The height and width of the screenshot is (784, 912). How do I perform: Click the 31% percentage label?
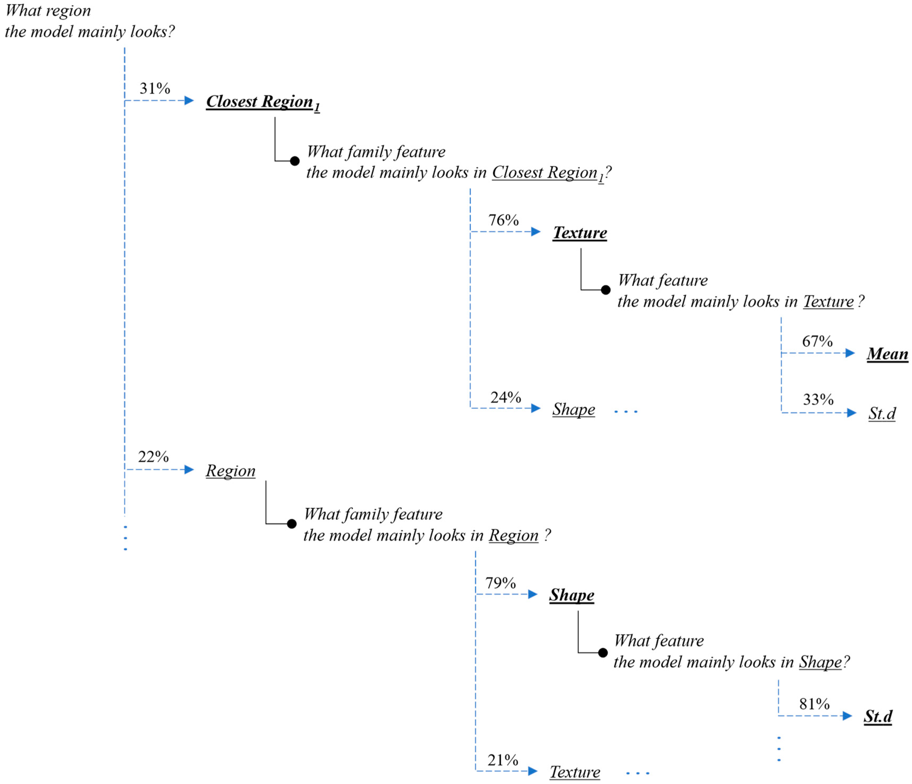(x=154, y=89)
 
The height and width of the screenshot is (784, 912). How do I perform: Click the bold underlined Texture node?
(x=580, y=233)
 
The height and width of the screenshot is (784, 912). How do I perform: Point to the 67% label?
(x=817, y=341)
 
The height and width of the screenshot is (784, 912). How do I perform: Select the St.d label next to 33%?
(x=882, y=413)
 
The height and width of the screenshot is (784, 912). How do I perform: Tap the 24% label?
(x=505, y=398)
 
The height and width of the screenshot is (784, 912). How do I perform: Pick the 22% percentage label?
(x=153, y=457)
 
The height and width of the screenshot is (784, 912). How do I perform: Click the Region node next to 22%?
(x=230, y=471)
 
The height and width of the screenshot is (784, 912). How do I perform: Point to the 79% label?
(x=500, y=583)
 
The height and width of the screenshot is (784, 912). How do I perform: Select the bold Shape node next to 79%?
(x=571, y=595)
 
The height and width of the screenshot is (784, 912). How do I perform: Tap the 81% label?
(x=814, y=704)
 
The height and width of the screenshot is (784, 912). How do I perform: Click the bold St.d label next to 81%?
(x=878, y=716)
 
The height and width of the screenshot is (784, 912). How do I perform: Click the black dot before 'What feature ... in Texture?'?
(x=606, y=290)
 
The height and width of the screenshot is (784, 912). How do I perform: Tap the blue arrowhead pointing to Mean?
(x=850, y=353)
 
